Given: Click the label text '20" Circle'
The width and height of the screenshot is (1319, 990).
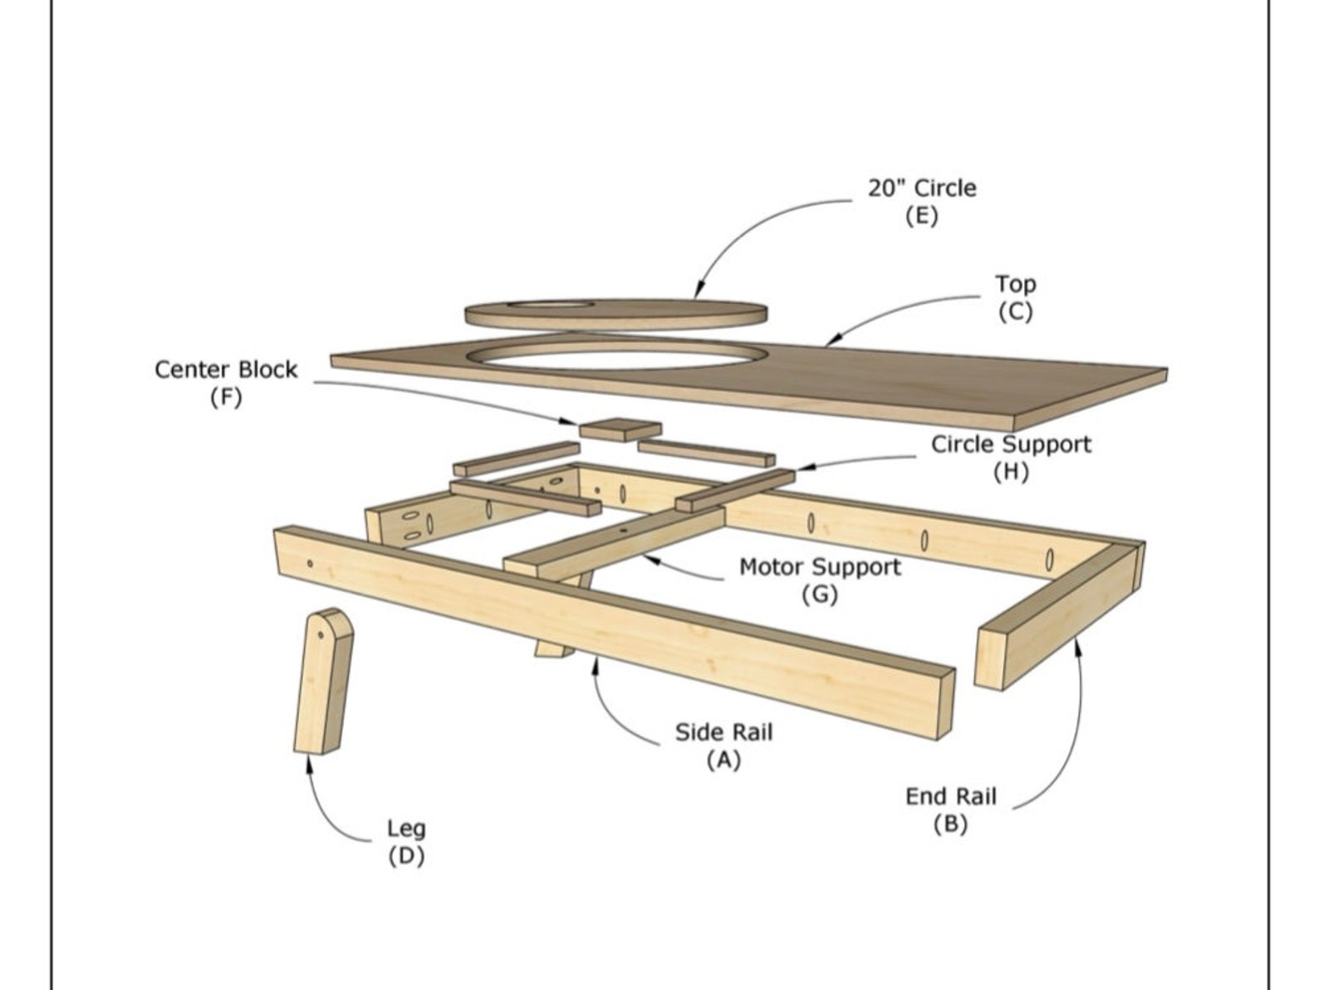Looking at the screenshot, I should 922,188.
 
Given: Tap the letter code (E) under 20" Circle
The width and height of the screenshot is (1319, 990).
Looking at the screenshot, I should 921,216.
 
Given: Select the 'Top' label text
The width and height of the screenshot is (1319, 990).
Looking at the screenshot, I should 1015,284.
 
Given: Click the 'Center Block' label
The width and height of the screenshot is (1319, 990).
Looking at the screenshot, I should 225,369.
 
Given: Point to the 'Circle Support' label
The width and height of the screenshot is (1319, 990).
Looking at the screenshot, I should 1010,444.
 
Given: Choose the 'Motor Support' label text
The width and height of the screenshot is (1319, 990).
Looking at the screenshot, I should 819,567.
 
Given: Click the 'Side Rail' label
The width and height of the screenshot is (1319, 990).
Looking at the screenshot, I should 723,733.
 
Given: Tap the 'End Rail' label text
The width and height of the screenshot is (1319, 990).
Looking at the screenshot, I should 950,796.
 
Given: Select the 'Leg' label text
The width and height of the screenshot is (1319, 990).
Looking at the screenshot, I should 406,828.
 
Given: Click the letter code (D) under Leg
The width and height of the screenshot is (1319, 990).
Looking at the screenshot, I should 406,855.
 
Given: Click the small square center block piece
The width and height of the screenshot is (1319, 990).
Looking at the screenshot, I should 620,430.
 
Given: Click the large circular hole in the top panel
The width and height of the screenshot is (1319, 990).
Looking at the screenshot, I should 616,355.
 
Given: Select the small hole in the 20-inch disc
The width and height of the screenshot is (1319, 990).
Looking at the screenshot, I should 551,306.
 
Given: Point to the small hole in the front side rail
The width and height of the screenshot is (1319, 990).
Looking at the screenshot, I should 310,564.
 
